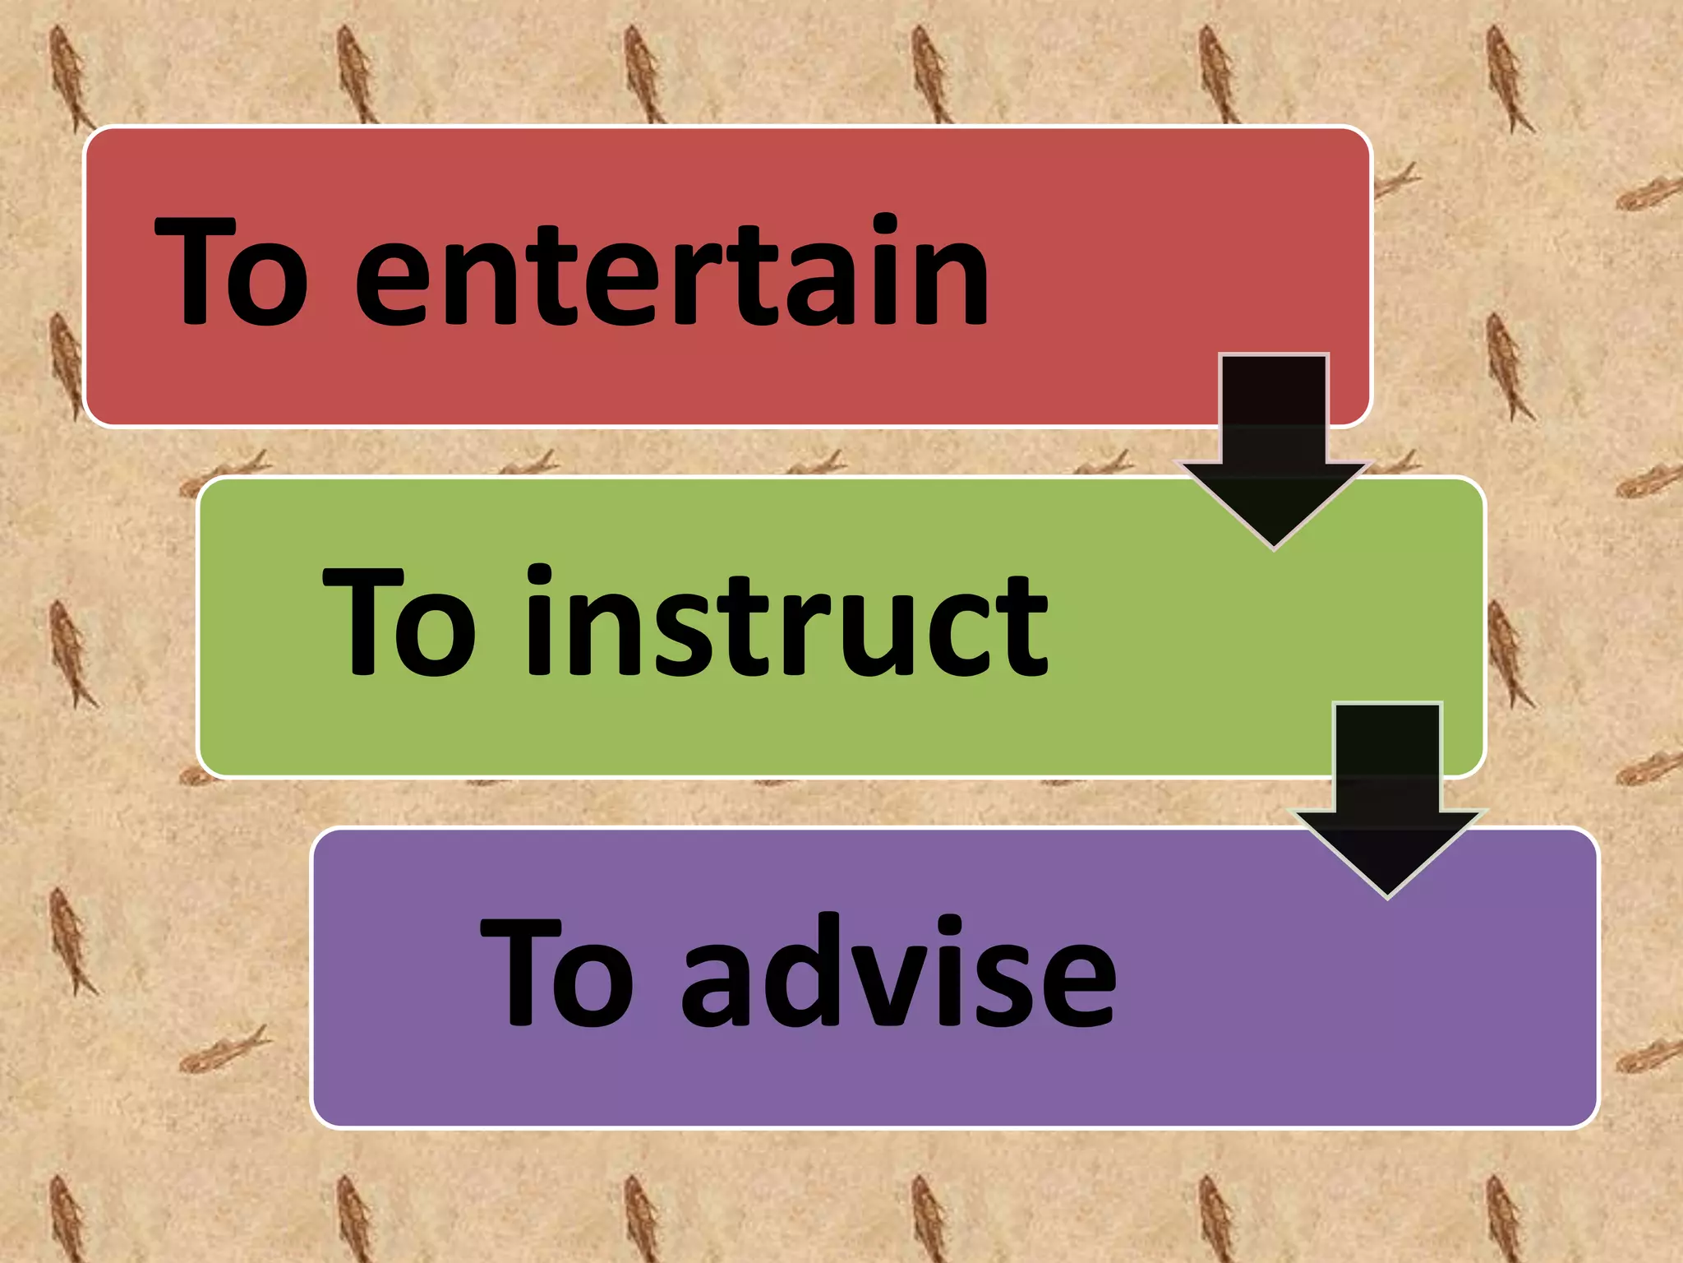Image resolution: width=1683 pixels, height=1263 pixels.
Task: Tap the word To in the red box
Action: [232, 271]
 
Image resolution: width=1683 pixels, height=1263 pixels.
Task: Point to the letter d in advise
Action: [801, 972]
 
